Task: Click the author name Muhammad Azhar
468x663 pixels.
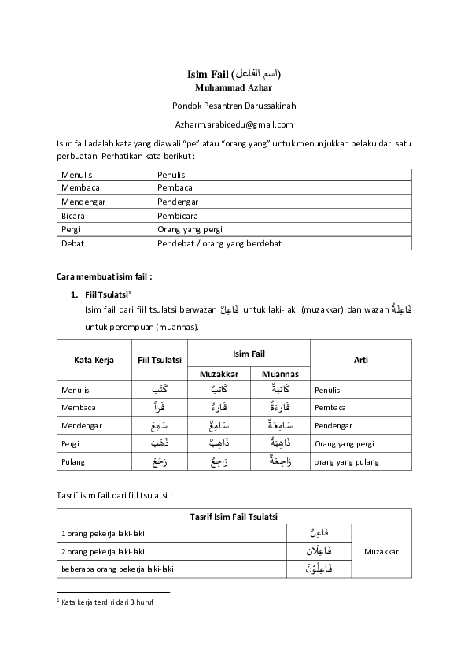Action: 234,87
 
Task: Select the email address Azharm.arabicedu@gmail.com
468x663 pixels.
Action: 234,124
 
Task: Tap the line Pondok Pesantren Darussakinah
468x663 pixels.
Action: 234,106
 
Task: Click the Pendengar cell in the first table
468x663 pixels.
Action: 172,201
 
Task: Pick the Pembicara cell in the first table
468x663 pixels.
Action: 176,215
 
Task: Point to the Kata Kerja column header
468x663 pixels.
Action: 94,360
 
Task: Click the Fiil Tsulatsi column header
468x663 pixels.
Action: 160,360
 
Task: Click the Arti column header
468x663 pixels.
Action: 360,360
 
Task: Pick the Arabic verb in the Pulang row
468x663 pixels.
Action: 160,461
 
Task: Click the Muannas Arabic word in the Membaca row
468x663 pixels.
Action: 279,408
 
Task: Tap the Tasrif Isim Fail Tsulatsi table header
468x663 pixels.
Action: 234,516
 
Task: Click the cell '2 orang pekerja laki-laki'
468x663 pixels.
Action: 103,551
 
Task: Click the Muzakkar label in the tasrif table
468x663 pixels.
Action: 381,551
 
